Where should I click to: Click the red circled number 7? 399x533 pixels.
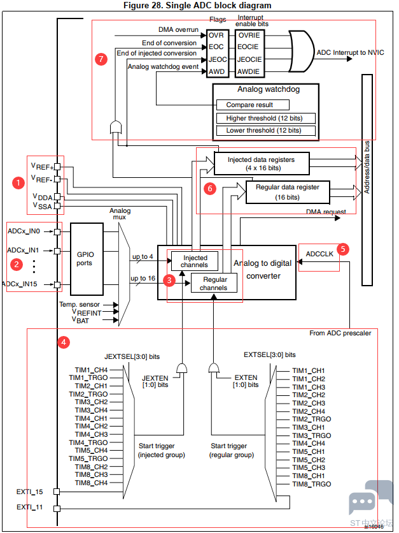[101, 59]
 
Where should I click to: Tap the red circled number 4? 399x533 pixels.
[64, 342]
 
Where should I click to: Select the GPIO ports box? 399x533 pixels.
[87, 259]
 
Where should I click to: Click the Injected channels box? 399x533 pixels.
[195, 261]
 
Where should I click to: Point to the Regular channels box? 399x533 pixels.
[214, 283]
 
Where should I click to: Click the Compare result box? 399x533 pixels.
[253, 105]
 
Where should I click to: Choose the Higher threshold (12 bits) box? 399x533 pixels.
[265, 119]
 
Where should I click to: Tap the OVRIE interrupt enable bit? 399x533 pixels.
[249, 35]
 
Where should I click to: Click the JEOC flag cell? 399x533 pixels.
[218, 59]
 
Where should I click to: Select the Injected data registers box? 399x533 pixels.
[262, 163]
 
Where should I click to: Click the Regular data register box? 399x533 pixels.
[288, 192]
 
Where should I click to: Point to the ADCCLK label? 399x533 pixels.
[319, 254]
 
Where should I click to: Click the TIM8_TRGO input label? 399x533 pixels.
[311, 484]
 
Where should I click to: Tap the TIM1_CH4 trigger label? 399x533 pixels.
[91, 370]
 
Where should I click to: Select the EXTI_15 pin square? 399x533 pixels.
[57, 492]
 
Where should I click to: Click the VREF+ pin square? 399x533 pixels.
[57, 167]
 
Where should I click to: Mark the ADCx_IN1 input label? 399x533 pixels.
[23, 250]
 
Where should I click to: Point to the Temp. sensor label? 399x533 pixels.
[80, 304]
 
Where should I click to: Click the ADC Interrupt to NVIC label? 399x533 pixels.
[350, 52]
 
